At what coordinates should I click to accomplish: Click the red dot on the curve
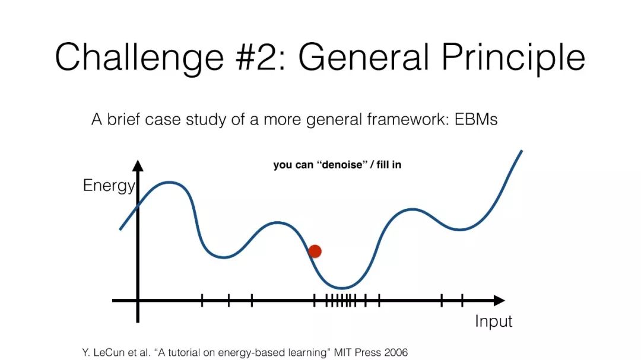coord(315,251)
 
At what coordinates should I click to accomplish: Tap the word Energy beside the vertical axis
coord(109,186)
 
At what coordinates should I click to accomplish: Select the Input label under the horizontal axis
coord(493,321)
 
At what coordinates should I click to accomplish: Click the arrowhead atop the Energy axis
coord(138,165)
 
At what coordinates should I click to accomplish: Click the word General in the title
coord(363,56)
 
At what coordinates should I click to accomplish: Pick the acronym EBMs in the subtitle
coord(476,119)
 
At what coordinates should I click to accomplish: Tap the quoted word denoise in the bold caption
coord(340,165)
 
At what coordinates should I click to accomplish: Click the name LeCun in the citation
coord(107,352)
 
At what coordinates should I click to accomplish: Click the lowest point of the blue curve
coord(342,288)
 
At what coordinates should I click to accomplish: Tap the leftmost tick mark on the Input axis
coord(202,301)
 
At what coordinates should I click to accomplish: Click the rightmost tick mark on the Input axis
coord(462,301)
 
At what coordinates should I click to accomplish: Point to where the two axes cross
coord(138,301)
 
